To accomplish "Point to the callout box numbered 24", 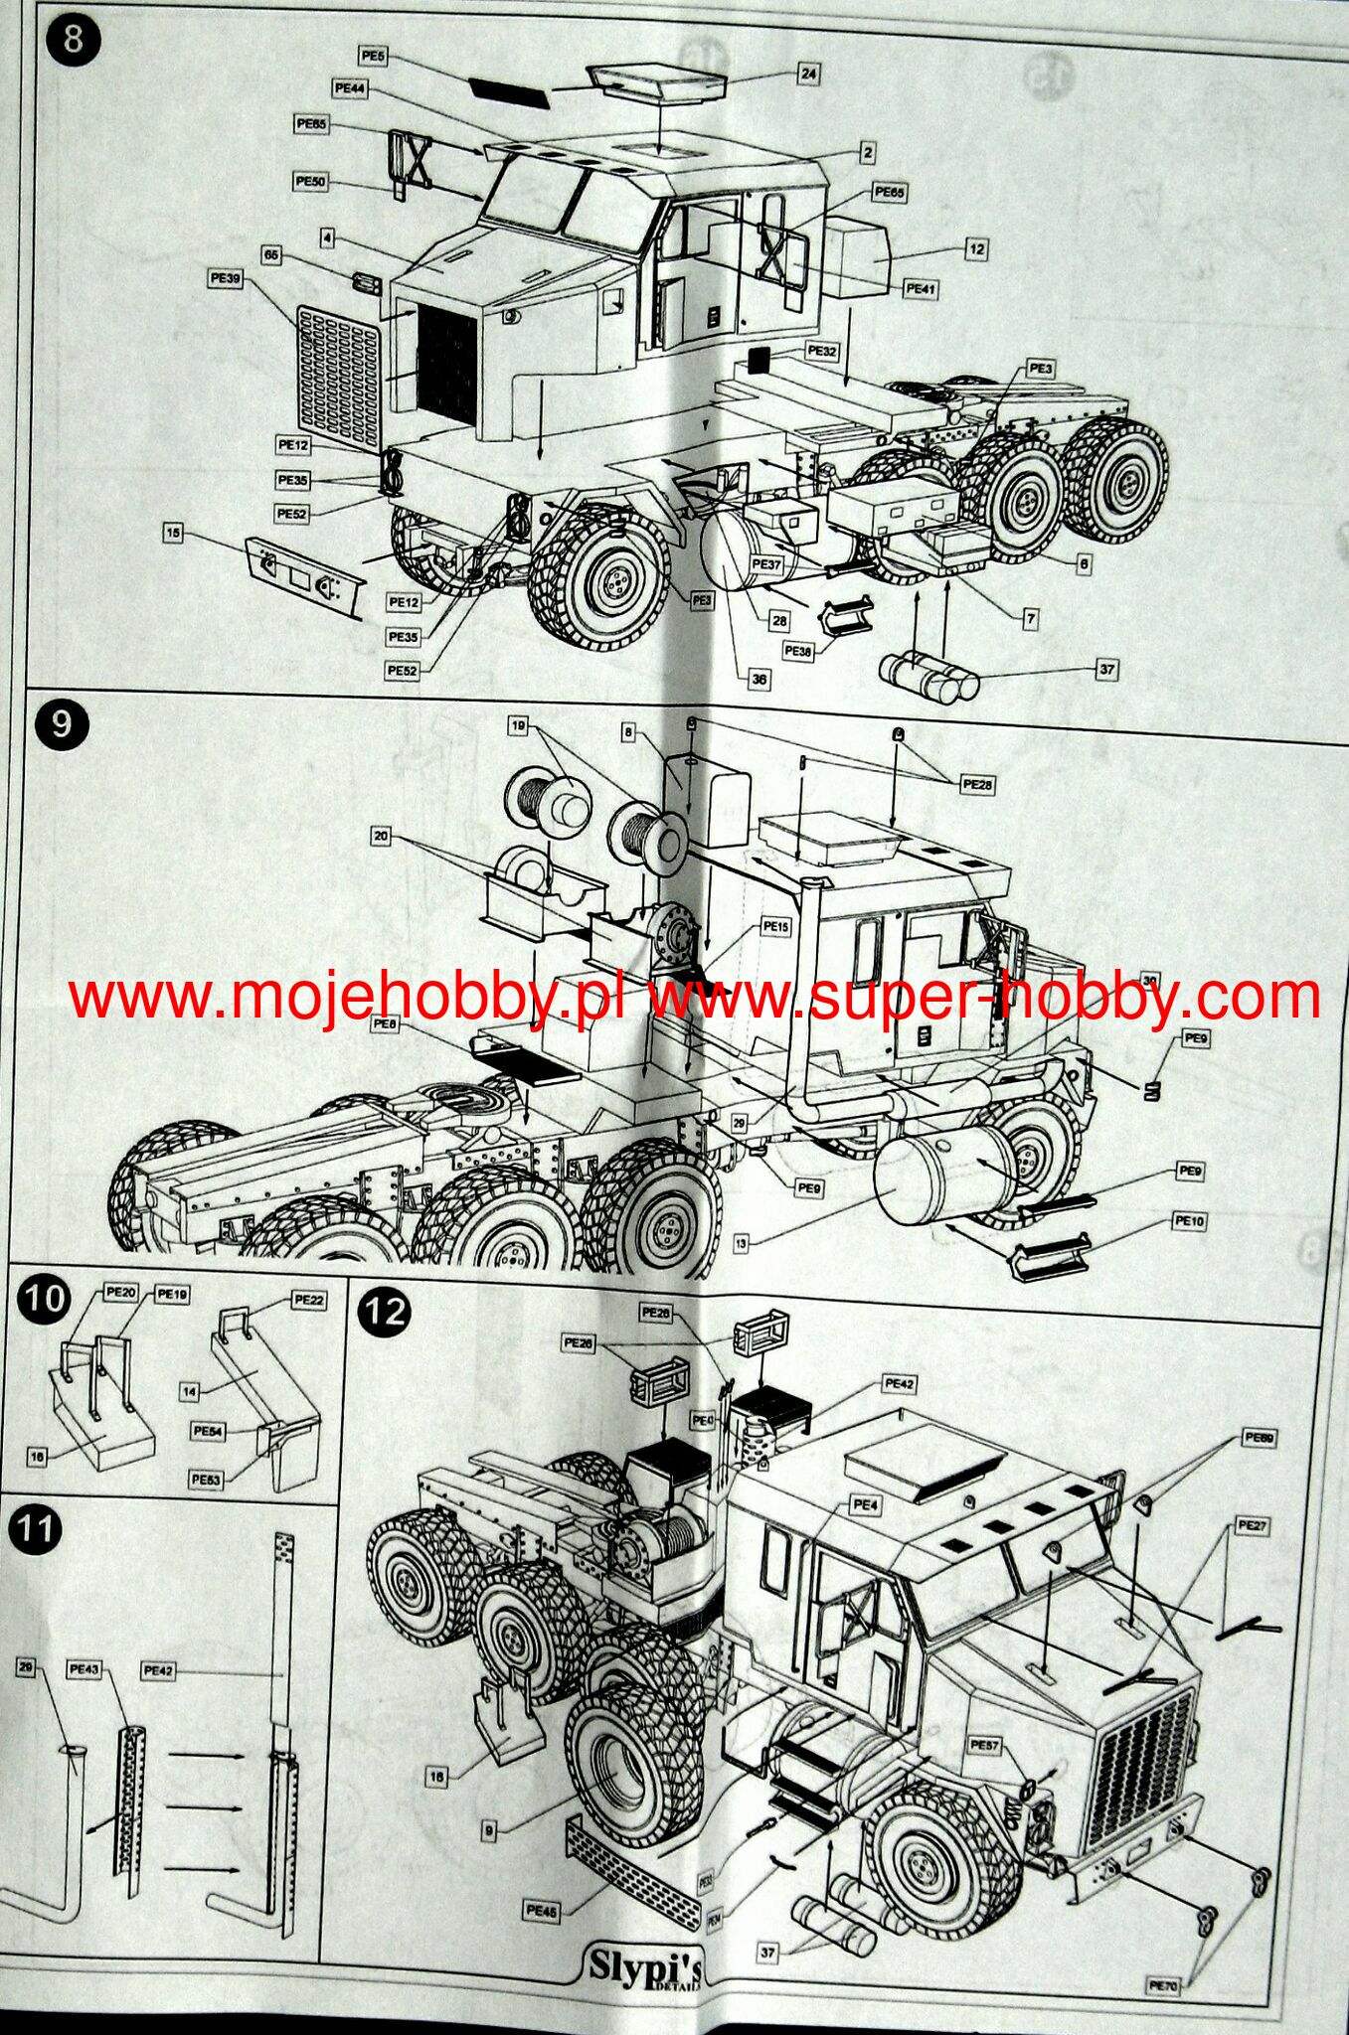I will coord(808,73).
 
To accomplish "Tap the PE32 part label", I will coord(823,351).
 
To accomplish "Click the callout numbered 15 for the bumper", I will coord(174,534).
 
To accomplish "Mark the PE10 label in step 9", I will coord(1190,1221).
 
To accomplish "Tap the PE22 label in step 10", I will coord(310,1300).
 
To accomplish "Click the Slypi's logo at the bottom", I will coord(647,1966).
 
